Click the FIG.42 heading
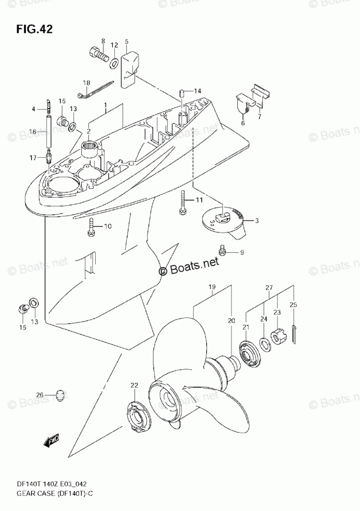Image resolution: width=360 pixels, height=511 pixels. [x=34, y=27]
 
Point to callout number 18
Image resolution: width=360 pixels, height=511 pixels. [x=86, y=83]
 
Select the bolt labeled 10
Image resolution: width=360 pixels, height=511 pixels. [x=92, y=228]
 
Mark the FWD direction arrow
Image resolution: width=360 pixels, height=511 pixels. [x=52, y=440]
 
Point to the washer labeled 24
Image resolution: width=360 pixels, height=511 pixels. [x=264, y=342]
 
